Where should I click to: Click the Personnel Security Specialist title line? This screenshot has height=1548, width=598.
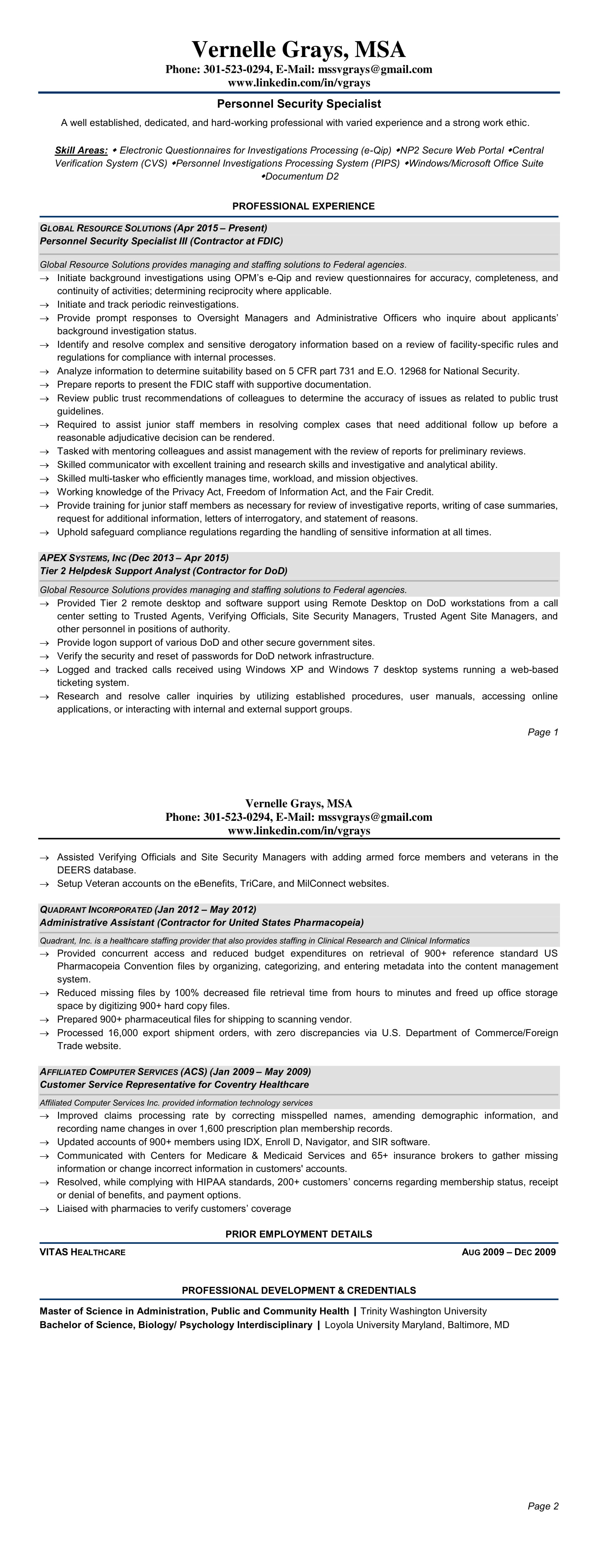[x=299, y=104]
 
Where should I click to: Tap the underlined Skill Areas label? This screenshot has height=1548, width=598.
[x=81, y=150]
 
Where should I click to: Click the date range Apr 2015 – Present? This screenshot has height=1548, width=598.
[x=221, y=228]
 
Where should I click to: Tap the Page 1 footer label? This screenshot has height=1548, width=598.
[x=543, y=732]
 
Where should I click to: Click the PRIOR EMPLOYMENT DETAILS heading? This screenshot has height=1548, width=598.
[x=299, y=1234]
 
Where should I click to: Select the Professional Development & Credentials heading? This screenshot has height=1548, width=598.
[x=299, y=1290]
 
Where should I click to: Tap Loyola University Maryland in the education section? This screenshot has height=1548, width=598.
[x=384, y=1325]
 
